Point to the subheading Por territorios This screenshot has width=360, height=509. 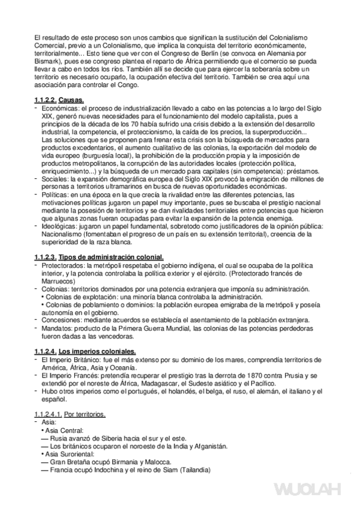coord(84,414)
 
